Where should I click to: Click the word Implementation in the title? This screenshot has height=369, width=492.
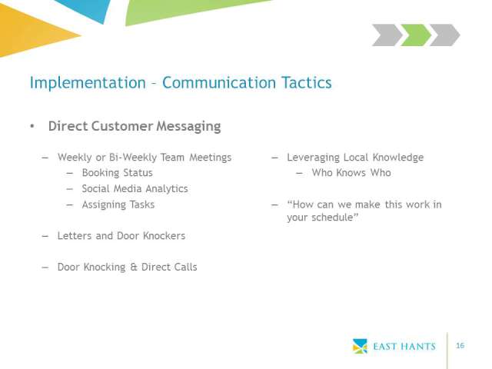(88, 83)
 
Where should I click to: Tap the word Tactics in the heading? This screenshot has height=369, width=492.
(306, 82)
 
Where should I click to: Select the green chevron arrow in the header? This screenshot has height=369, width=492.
(416, 35)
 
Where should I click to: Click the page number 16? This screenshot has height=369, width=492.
(460, 345)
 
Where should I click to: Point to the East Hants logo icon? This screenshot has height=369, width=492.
(360, 346)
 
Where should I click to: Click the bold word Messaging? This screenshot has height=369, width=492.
(188, 126)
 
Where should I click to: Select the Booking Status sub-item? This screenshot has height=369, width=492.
(117, 173)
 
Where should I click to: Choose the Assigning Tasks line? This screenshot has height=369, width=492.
(118, 205)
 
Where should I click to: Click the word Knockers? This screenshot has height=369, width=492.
(164, 236)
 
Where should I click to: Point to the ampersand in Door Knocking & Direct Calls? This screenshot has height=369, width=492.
(134, 267)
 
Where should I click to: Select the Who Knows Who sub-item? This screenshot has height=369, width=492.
(351, 173)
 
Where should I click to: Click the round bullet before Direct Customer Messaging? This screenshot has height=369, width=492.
(32, 126)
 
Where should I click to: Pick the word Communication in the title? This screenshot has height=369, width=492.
(219, 82)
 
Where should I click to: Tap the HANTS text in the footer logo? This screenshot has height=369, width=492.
(418, 347)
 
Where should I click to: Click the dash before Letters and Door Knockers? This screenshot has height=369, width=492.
(45, 236)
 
